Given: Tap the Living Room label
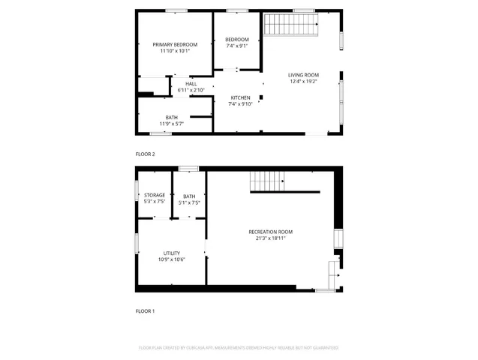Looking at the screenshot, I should [x=304, y=74].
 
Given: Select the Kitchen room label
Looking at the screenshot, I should [x=240, y=97].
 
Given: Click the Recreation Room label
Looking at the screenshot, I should [x=270, y=232].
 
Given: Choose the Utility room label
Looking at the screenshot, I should [x=171, y=253].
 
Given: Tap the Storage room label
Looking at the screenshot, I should [x=155, y=195].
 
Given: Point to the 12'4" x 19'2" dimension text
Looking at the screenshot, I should [x=304, y=80].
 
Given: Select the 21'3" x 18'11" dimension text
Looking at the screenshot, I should [x=270, y=238].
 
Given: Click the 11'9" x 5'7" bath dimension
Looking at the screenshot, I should [x=172, y=123].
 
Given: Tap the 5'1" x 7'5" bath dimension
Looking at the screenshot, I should [x=189, y=202].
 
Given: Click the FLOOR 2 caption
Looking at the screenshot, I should [x=145, y=154].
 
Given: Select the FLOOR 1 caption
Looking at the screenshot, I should [x=145, y=310].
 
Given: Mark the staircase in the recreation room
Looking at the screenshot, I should [x=268, y=181].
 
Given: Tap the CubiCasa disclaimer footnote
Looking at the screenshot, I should [x=239, y=348].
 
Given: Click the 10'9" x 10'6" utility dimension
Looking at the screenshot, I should [x=171, y=260].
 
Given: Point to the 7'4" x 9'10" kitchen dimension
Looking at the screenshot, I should [x=240, y=103].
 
